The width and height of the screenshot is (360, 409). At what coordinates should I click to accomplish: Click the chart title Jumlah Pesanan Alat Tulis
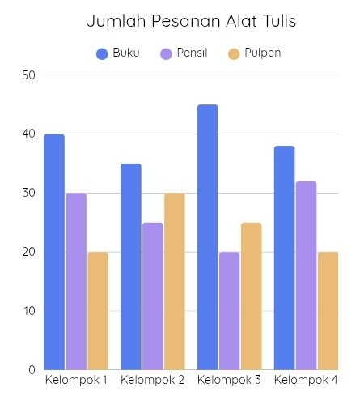point(192,21)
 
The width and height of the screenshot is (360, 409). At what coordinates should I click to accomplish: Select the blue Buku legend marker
point(102,53)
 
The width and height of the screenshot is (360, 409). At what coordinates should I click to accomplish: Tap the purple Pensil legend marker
point(166,53)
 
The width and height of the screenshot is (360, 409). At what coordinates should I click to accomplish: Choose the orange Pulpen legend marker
point(234,53)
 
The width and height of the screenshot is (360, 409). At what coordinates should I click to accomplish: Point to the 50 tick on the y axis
point(29,75)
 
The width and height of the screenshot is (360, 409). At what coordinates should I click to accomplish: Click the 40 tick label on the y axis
point(29,134)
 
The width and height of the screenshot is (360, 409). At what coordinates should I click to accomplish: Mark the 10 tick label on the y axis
point(29,311)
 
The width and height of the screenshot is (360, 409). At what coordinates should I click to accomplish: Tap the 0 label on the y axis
point(32,370)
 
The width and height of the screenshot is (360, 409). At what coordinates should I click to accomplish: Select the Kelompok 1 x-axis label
point(76,380)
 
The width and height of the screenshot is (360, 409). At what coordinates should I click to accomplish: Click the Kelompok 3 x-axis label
point(229,380)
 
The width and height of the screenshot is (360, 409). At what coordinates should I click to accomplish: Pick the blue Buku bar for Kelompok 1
point(54,252)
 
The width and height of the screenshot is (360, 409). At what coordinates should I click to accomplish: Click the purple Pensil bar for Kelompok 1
point(76,281)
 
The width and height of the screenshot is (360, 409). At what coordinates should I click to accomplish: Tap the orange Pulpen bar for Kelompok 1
point(98,311)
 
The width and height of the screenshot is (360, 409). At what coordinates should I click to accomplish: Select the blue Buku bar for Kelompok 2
point(131,266)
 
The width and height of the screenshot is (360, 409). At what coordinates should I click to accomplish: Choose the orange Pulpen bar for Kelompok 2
point(175,281)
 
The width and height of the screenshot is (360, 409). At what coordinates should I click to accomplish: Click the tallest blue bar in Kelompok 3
point(208,237)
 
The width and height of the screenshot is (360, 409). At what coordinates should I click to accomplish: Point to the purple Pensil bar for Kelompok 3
point(230,311)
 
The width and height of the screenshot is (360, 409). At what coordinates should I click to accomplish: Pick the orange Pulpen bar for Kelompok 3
point(252,296)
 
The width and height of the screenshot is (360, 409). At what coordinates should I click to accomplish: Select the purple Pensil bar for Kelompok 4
point(306,275)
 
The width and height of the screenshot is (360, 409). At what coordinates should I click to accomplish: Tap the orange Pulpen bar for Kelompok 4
point(328,311)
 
